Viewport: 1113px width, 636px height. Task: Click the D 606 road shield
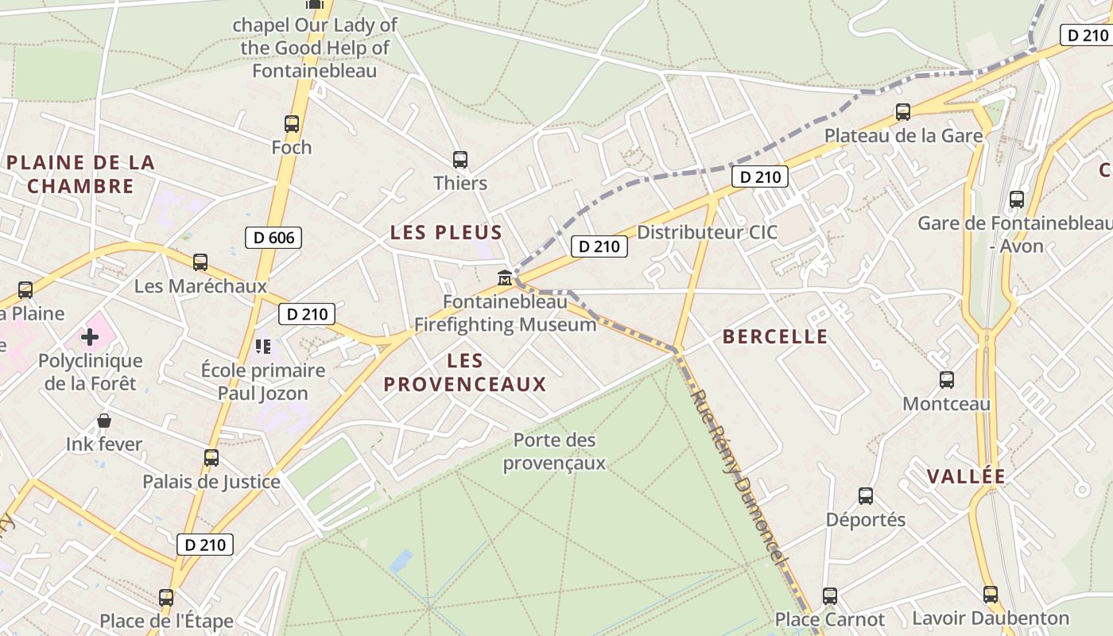273,237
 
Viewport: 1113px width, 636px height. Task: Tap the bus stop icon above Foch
292,124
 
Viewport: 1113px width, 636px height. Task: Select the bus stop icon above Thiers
460,160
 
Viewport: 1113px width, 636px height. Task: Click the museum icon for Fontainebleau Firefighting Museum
504,278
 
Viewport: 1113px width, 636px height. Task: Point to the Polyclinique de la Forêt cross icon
90,337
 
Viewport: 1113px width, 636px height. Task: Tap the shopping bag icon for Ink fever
104,421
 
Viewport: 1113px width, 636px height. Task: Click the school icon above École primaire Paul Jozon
262,347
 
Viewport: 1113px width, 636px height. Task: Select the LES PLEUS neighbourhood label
446,233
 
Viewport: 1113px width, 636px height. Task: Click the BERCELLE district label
775,337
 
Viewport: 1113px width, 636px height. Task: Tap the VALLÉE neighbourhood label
966,476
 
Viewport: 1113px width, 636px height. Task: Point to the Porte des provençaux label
554,452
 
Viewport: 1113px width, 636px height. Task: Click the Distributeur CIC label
708,233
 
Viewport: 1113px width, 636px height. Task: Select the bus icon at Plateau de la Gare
903,112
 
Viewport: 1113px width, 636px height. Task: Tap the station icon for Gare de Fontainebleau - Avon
1016,200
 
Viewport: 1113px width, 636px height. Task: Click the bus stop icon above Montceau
946,380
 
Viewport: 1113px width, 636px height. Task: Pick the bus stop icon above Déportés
866,496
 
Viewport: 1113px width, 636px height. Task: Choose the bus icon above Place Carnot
830,595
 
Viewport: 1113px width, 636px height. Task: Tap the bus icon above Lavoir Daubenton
990,595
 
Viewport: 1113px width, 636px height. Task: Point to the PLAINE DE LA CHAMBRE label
81,174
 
